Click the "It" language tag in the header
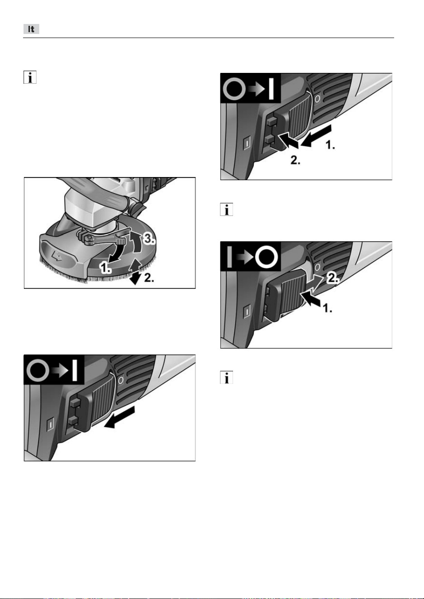[31, 29]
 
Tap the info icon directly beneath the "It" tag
[30, 77]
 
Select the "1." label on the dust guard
[105, 268]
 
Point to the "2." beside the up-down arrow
[149, 278]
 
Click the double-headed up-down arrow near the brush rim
[135, 271]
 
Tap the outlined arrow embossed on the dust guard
[57, 256]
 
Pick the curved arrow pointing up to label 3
[136, 242]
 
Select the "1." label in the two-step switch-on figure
[330, 145]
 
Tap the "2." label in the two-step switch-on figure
[295, 160]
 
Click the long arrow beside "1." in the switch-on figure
[316, 135]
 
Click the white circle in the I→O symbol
[266, 257]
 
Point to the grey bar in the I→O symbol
[229, 257]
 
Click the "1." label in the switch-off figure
[328, 308]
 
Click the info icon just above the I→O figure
[226, 209]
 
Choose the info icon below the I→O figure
[226, 377]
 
